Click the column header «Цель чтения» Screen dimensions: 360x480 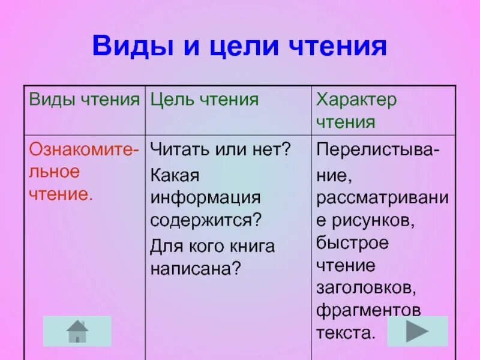[204, 100]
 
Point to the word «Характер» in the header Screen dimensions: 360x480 [356, 100]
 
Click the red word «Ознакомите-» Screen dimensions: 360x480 [84, 148]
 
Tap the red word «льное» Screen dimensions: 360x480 [55, 171]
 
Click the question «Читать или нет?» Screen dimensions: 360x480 [220, 148]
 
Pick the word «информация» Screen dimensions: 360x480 [205, 197]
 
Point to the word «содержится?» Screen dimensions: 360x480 [207, 220]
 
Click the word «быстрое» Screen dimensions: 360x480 [353, 244]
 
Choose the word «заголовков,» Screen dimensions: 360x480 [367, 288]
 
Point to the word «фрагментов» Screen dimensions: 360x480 [368, 311]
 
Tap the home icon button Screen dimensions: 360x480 [77, 331]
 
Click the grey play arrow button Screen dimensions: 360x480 [417, 331]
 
